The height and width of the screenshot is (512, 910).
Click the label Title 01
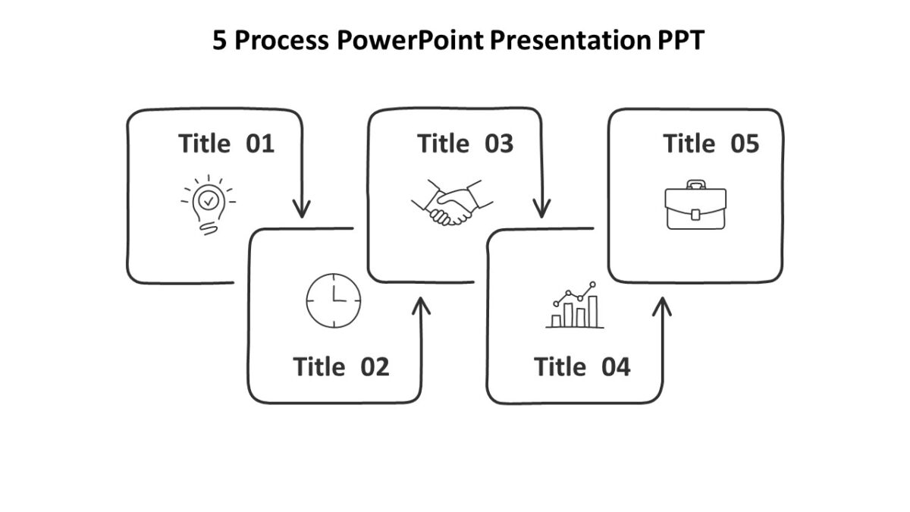tap(226, 143)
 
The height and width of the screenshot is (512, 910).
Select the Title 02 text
tap(340, 367)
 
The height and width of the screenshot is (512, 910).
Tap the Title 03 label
tap(465, 143)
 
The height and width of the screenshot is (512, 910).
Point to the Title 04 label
tap(582, 367)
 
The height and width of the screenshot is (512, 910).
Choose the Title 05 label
tap(711, 143)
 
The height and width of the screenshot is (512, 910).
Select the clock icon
tap(334, 300)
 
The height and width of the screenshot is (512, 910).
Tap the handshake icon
tap(452, 203)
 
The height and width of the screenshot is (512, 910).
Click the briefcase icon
tap(695, 206)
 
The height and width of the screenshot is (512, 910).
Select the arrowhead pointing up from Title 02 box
tap(421, 306)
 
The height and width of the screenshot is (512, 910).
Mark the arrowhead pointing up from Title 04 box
tap(662, 306)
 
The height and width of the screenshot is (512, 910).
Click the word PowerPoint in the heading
tap(409, 41)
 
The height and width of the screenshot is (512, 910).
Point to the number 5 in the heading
tap(219, 41)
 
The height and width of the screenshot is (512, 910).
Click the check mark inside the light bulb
tap(209, 199)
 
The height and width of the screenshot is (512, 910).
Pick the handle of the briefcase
tap(695, 184)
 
